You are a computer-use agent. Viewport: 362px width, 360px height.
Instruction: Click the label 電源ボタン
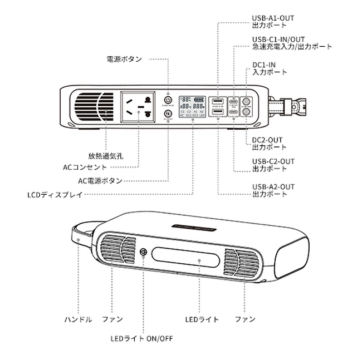pyautogui.click(x=124, y=58)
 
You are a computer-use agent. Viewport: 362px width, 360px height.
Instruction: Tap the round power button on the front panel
pyautogui.click(x=168, y=97)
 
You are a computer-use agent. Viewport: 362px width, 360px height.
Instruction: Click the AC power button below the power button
pyautogui.click(x=168, y=114)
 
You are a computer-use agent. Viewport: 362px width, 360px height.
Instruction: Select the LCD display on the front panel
pyautogui.click(x=192, y=106)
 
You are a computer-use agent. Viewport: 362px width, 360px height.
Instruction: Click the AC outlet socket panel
pyautogui.click(x=139, y=107)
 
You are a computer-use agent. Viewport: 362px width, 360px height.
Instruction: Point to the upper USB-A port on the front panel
pyautogui.click(x=218, y=101)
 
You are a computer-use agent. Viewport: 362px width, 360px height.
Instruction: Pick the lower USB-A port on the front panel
pyautogui.click(x=218, y=112)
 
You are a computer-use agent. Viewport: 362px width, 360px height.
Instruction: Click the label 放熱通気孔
pyautogui.click(x=105, y=155)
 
